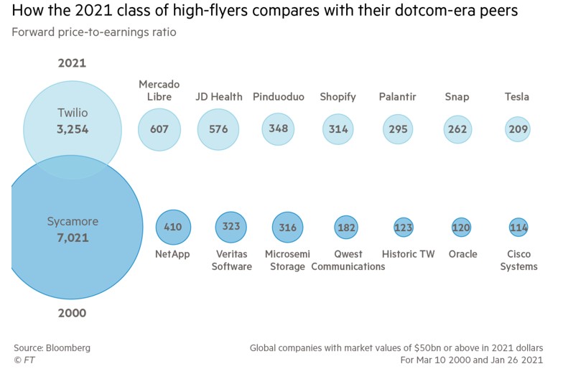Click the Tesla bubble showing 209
tap(517, 129)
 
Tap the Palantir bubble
tap(397, 129)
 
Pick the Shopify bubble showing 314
tap(338, 129)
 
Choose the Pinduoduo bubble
tap(278, 129)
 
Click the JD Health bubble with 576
tap(218, 129)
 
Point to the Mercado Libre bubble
tap(159, 129)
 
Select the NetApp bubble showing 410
tap(173, 227)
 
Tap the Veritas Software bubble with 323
tap(231, 227)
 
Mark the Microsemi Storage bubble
tap(287, 227)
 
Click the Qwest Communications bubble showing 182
tap(346, 227)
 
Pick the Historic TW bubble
tap(404, 228)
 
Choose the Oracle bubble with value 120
tap(461, 228)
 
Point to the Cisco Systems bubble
tap(518, 228)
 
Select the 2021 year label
tap(72, 63)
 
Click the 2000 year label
tap(72, 313)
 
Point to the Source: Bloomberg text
tap(52, 347)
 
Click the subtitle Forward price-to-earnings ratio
tap(94, 32)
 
